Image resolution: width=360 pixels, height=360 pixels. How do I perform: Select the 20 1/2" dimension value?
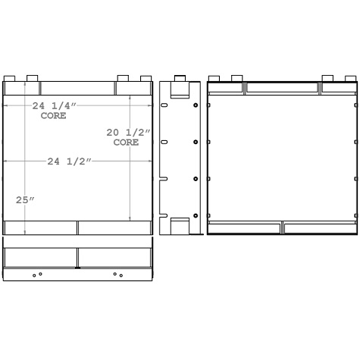[x=128, y=133]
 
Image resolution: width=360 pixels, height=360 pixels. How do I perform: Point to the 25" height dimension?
[x=25, y=200]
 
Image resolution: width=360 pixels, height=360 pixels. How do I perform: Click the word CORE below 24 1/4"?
[x=52, y=116]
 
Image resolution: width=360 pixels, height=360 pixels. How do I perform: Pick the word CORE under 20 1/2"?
[x=126, y=142]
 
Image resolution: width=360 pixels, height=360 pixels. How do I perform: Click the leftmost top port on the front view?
[x=9, y=78]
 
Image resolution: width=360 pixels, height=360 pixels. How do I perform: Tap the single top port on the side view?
[x=179, y=78]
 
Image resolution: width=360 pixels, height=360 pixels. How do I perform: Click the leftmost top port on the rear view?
[x=214, y=78]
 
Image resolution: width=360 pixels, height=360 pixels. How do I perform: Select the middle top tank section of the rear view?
[x=282, y=88]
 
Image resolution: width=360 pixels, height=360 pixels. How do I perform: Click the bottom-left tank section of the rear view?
[x=244, y=227]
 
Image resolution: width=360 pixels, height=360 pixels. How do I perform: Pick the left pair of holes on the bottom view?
[x=37, y=274]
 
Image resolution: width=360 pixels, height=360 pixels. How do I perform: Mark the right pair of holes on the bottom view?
[x=117, y=274]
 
